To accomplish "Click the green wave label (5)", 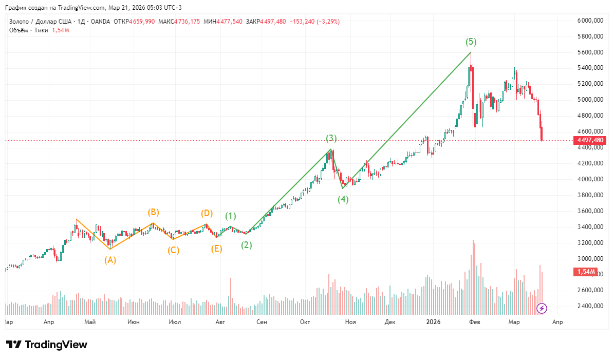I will click(x=471, y=42).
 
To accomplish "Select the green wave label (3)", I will click(x=331, y=138).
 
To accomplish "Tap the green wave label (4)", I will click(x=343, y=200).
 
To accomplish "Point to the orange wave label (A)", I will click(x=110, y=260).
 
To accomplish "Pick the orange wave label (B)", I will click(x=153, y=212).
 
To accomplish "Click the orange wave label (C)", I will click(x=174, y=251).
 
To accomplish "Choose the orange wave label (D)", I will click(x=207, y=213).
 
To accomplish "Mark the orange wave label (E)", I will click(x=217, y=249).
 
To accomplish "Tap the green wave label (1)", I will click(x=231, y=216).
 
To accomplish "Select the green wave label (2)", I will click(x=247, y=245).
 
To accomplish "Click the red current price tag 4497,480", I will click(x=590, y=140).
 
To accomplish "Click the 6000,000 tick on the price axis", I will click(x=590, y=21).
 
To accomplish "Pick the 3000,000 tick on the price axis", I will click(x=590, y=259).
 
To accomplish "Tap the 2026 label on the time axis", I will click(x=434, y=322).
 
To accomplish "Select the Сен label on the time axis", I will click(x=262, y=322).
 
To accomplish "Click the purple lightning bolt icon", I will click(x=542, y=308).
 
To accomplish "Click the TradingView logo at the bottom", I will click(x=47, y=345).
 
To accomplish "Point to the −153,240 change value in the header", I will click(x=304, y=22).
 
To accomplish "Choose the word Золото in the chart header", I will click(x=19, y=22).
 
